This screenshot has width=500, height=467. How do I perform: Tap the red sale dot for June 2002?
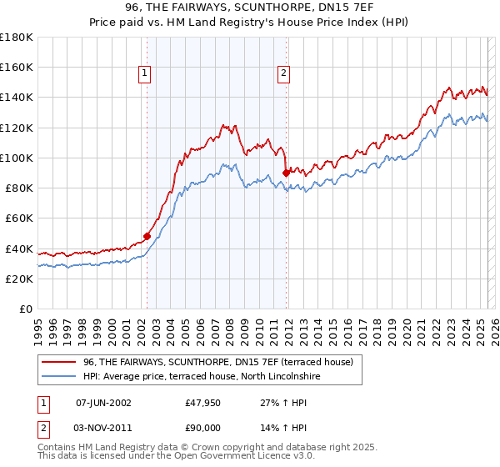tap(147, 236)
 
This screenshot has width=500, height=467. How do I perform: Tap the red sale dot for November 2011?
tap(286, 173)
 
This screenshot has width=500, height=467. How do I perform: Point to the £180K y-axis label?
tap(17, 38)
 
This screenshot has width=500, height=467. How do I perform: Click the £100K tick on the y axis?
tap(17, 158)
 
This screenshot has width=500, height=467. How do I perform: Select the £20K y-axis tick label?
tap(19, 279)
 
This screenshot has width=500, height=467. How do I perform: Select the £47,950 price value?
tap(202, 402)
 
